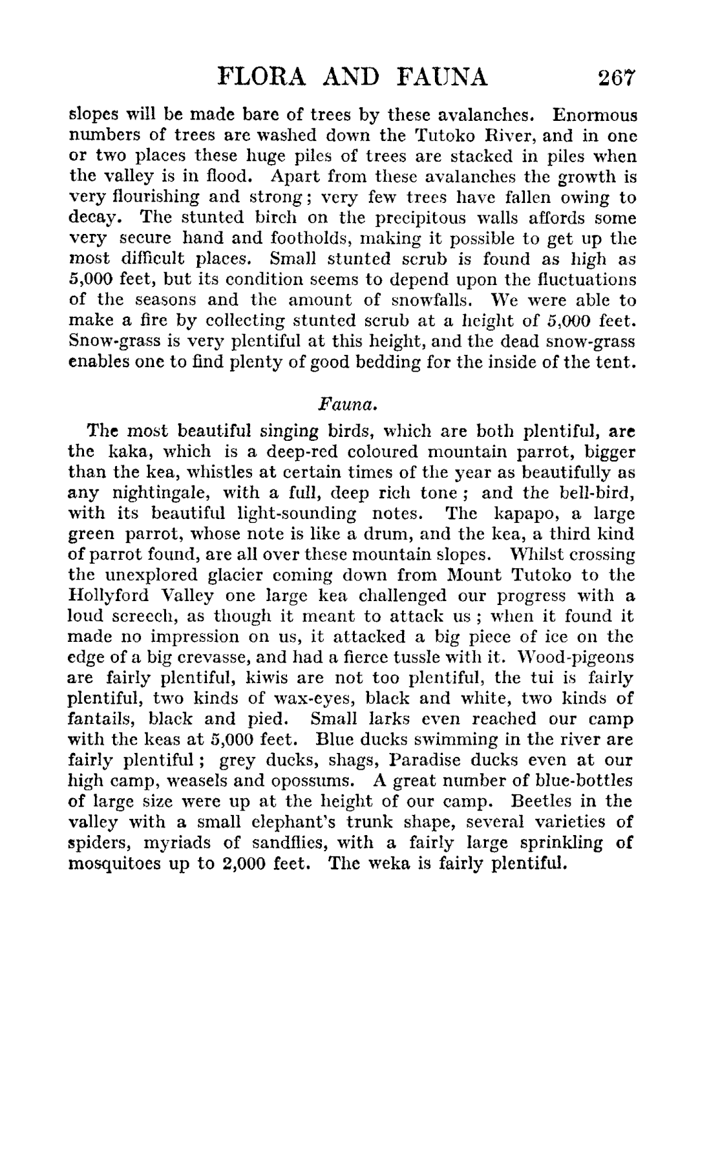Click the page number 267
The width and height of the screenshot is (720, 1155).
pos(617,78)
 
